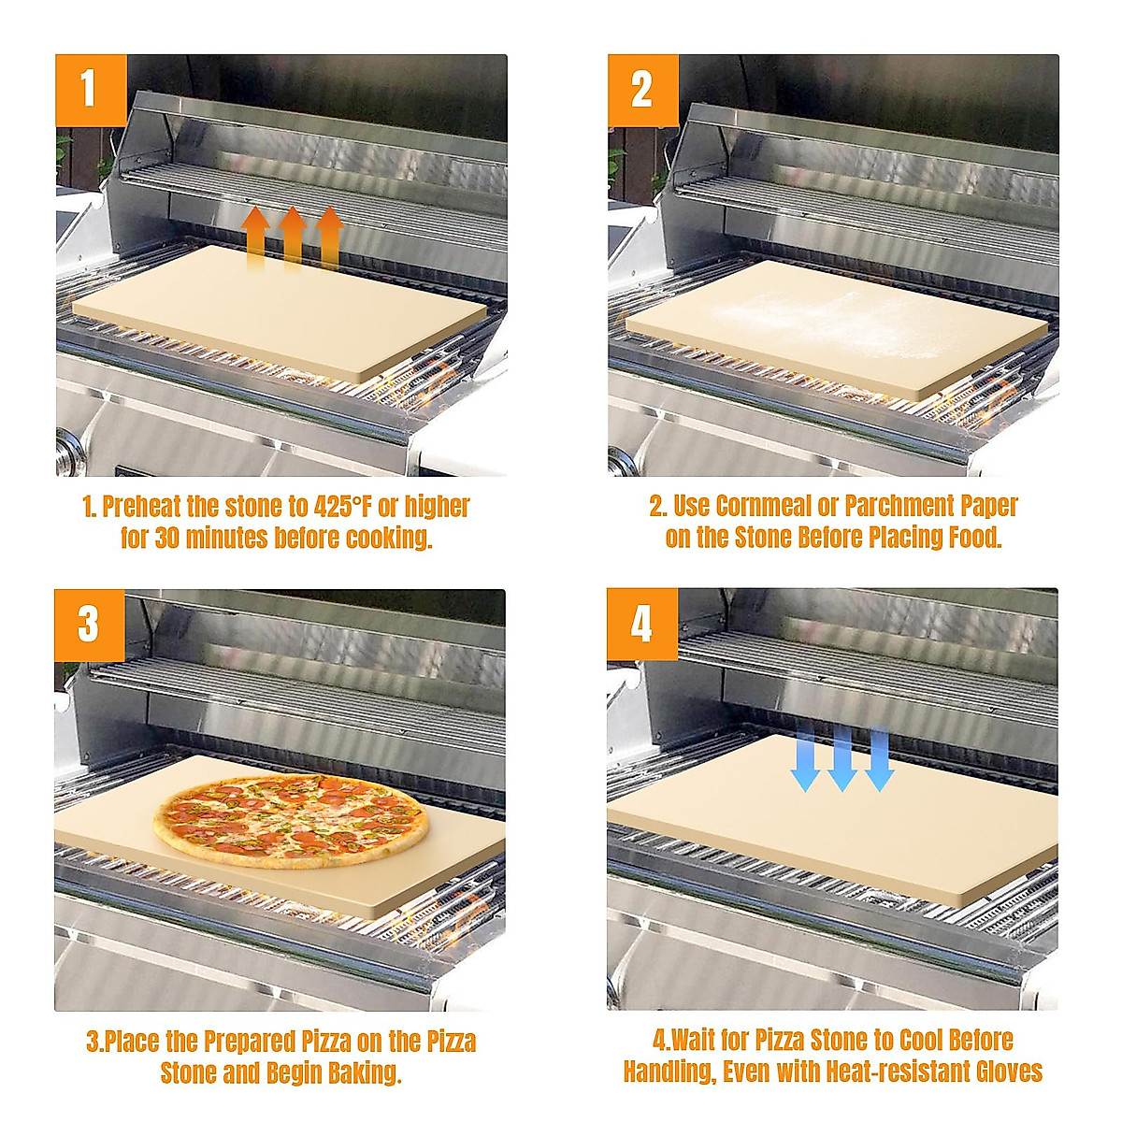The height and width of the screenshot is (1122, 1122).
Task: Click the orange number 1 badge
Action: (x=90, y=89)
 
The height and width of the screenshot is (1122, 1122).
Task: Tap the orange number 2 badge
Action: (x=642, y=89)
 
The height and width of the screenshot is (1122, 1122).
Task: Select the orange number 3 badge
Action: (x=89, y=624)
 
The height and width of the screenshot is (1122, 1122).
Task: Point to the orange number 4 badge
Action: (x=641, y=624)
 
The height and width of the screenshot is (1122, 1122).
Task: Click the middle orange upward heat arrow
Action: (x=293, y=237)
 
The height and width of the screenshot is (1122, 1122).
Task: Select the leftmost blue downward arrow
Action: (x=805, y=758)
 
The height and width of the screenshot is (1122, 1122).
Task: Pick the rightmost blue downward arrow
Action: (x=879, y=758)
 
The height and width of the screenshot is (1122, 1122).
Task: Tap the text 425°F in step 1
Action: (x=341, y=507)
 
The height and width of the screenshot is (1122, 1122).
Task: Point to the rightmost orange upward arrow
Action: (x=329, y=237)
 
